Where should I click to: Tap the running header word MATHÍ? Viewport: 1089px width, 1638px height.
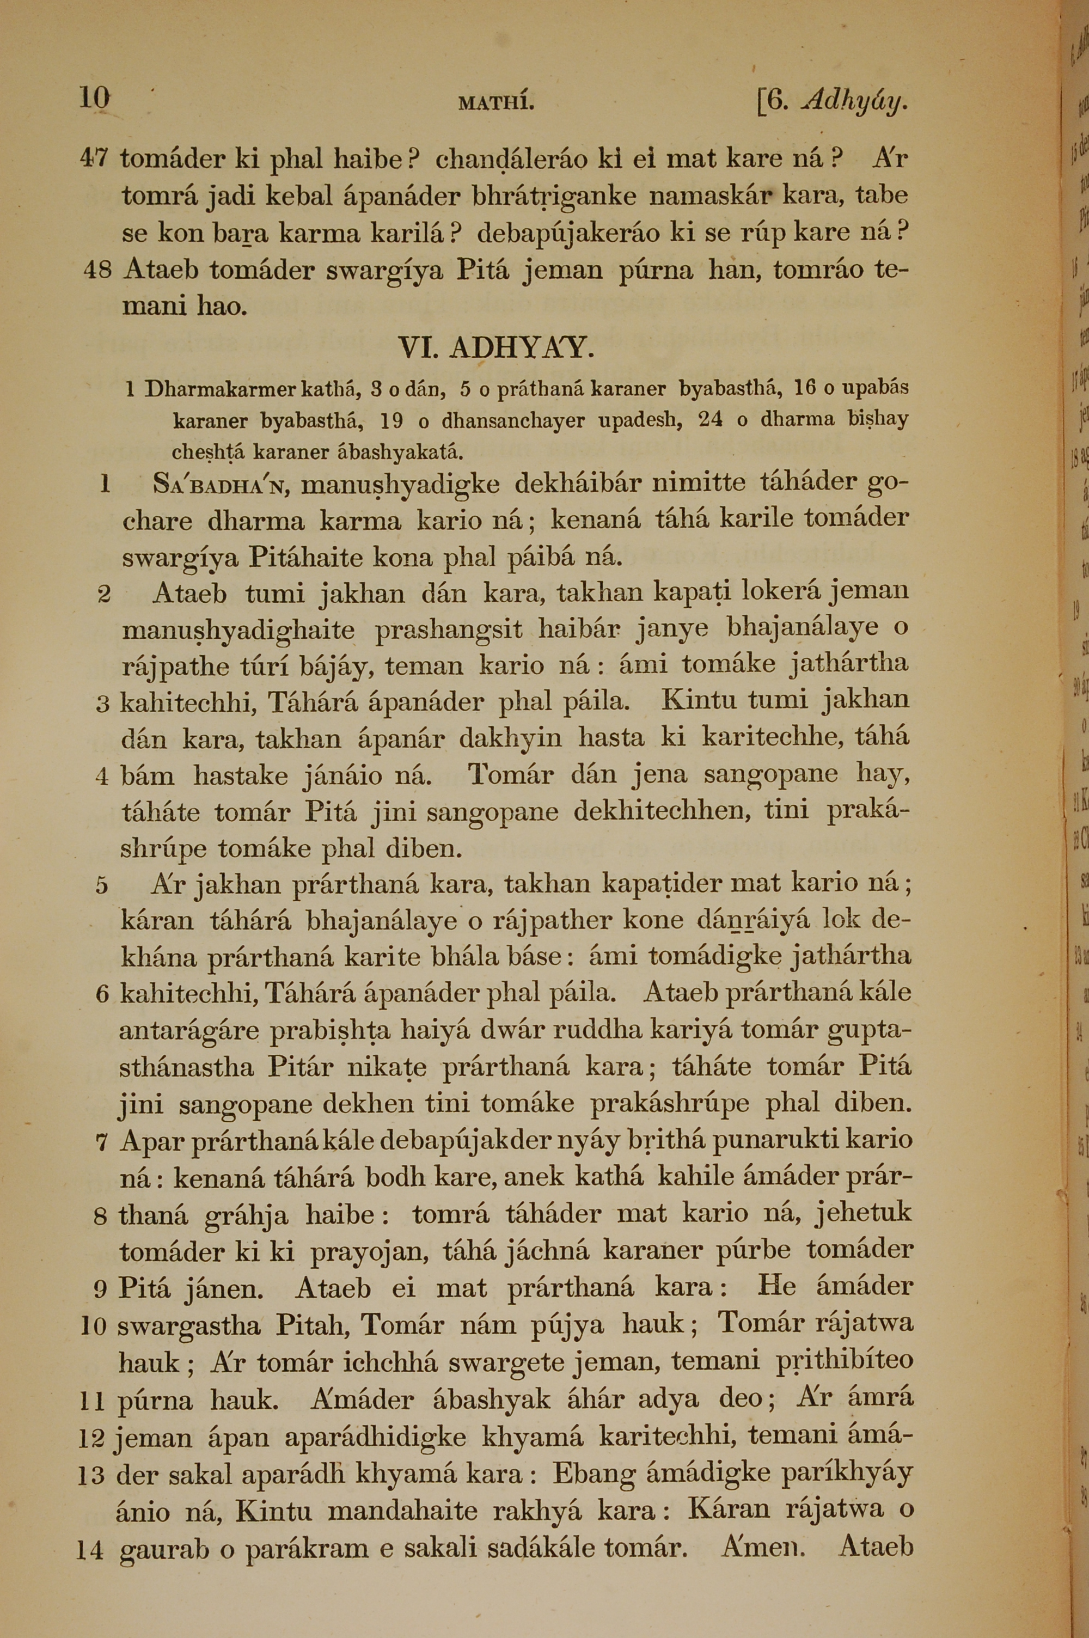point(496,104)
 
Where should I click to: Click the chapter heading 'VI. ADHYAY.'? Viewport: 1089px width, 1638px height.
point(496,347)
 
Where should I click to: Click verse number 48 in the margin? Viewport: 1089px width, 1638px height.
point(97,270)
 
